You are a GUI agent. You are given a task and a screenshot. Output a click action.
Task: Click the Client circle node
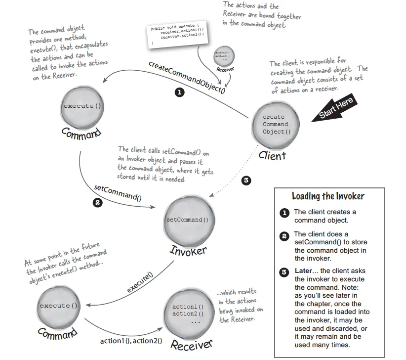coord(273,125)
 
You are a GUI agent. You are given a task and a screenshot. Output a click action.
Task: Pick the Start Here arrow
coord(335,109)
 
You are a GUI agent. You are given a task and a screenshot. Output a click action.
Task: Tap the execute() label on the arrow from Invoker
coord(140,283)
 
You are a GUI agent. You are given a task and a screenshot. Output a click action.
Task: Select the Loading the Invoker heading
coord(328,196)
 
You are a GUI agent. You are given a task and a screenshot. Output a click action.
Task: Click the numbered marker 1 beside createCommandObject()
coord(180,92)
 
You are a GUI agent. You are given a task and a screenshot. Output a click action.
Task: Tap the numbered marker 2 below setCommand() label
coord(98,202)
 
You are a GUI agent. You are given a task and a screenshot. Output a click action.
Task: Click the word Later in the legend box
coord(303,271)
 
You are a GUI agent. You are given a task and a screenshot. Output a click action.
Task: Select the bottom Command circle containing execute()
coord(59,307)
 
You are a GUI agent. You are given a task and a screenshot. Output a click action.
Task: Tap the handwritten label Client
coord(272,155)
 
